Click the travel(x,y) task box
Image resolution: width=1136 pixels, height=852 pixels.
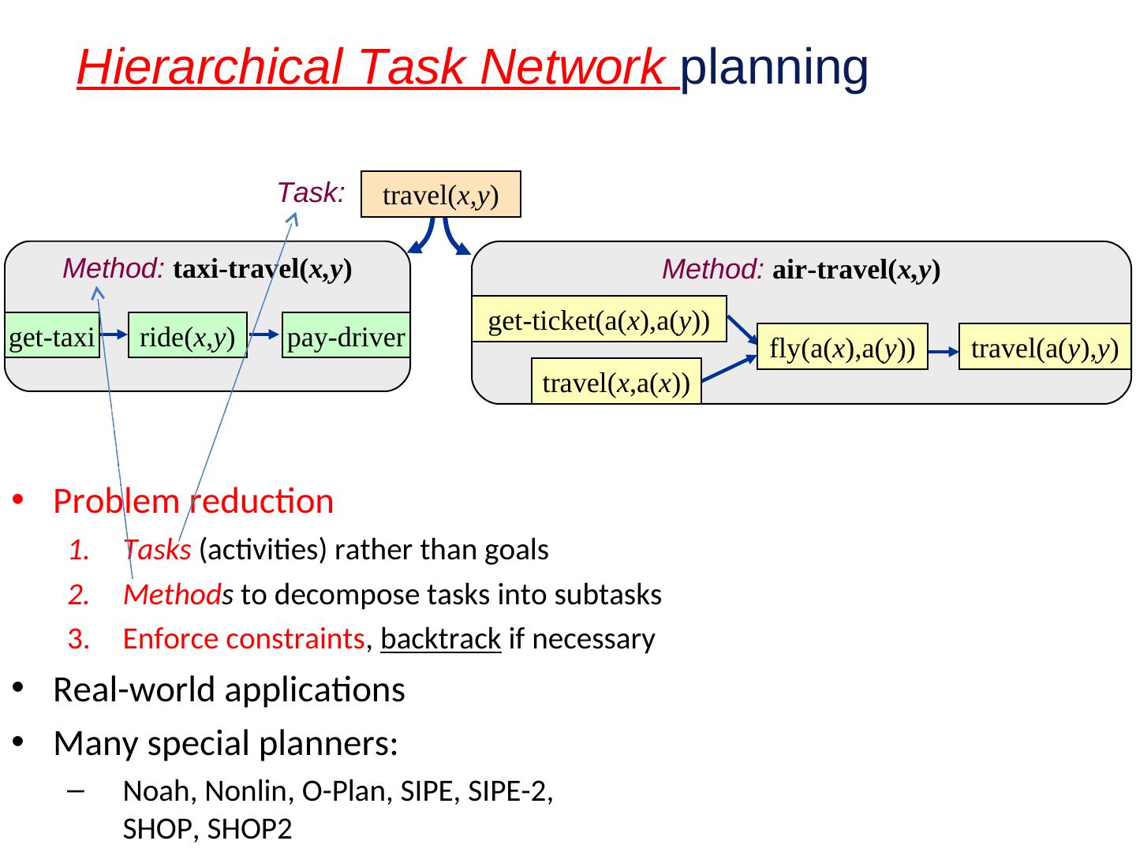(x=440, y=194)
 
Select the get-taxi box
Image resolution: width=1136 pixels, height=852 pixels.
(x=52, y=337)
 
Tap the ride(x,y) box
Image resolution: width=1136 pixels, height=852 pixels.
(x=188, y=337)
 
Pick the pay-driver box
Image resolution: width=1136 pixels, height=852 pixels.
(x=346, y=337)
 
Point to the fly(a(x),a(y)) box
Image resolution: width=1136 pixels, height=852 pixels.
(x=842, y=347)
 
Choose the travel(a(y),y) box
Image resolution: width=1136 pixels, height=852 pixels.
(x=1044, y=347)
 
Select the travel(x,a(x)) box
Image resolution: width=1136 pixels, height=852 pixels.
(x=616, y=383)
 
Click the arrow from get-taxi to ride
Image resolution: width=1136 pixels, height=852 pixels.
(x=114, y=335)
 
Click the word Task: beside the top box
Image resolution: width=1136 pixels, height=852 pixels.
(x=311, y=192)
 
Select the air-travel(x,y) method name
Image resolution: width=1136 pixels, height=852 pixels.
(x=856, y=270)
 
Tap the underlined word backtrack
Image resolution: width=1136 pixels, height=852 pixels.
(x=440, y=638)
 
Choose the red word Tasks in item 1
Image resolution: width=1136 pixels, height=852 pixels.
(x=157, y=550)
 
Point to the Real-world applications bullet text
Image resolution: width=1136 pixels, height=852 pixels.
(x=229, y=689)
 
